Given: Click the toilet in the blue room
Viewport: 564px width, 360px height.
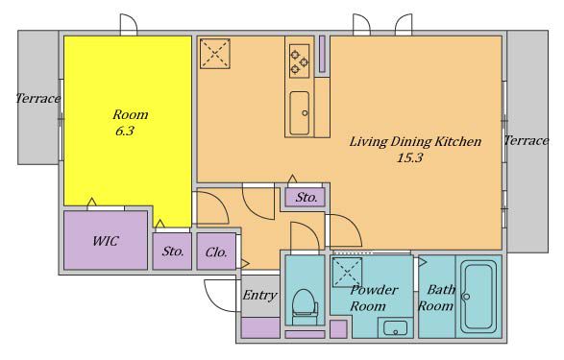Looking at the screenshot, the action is [x=305, y=307].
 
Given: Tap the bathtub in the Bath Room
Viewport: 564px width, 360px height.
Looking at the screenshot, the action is [x=478, y=297].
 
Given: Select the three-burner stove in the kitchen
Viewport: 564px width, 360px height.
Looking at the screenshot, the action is [x=299, y=61].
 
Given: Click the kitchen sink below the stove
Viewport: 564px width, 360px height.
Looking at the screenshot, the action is [x=300, y=113].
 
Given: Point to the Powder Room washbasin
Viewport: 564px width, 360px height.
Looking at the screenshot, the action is [x=395, y=328].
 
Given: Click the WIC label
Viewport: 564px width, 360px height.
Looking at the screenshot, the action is [x=105, y=241].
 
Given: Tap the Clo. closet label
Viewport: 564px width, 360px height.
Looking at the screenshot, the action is [x=216, y=252].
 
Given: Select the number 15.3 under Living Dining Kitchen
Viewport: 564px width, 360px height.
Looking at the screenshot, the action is [x=409, y=157].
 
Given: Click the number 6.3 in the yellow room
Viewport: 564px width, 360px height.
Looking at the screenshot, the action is [x=125, y=131].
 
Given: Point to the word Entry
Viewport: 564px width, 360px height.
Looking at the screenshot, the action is [x=259, y=296].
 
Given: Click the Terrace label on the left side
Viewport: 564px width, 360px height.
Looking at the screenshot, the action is [x=38, y=98].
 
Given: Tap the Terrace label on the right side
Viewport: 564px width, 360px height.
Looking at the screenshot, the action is [x=527, y=140].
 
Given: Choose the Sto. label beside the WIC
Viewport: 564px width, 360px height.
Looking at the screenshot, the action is [x=173, y=252].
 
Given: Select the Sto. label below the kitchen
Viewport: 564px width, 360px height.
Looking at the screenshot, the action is [x=307, y=197].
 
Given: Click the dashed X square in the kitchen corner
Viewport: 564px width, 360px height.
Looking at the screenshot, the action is [x=214, y=54].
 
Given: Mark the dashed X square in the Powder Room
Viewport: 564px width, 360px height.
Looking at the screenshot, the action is [x=347, y=272].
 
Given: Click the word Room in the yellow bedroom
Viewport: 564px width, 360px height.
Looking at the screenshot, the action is [x=131, y=114].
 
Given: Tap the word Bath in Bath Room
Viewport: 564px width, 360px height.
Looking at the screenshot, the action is [x=441, y=289].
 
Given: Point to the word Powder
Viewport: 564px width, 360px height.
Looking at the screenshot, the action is [x=374, y=290].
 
